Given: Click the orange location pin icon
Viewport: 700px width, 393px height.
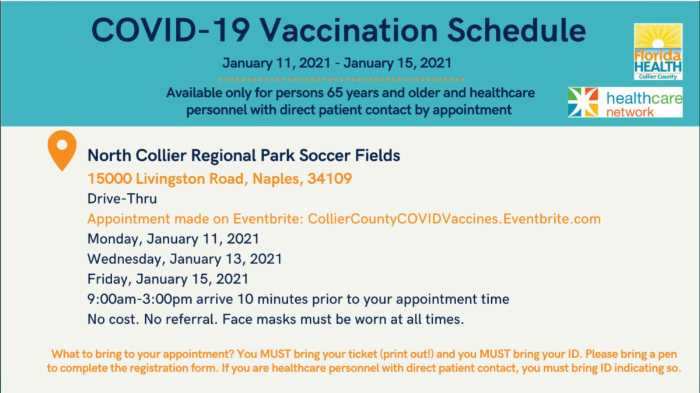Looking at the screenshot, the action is tap(62, 150).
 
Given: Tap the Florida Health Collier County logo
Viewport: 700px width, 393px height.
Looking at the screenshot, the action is tap(658, 52).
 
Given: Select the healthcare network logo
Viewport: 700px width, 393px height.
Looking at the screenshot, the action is tap(625, 102).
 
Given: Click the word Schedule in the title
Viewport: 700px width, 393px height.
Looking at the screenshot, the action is tap(517, 30).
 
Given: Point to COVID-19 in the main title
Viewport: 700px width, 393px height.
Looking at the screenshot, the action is tap(170, 30).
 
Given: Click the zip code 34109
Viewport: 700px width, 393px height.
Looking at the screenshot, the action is tap(330, 179).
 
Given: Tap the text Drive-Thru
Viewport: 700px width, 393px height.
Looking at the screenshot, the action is tap(122, 199).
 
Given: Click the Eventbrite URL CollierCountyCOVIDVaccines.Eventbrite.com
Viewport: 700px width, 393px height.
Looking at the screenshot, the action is tap(454, 219).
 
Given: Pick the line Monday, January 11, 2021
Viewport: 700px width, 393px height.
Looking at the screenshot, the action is tap(173, 239).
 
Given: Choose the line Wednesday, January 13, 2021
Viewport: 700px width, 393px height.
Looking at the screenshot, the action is tap(185, 259).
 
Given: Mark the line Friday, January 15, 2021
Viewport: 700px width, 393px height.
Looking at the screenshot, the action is tap(168, 279).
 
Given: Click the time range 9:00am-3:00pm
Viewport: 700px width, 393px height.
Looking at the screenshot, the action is tap(139, 299).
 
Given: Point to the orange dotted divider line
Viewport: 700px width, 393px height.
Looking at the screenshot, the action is tap(342, 80).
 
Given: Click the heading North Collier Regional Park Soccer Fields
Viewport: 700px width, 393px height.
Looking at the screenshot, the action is tap(244, 155).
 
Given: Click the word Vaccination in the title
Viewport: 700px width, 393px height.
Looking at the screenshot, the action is tap(349, 30).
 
